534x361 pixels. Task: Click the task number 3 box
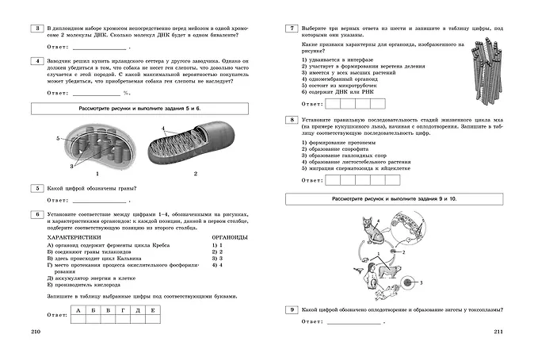(35, 29)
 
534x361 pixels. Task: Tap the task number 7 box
(292, 29)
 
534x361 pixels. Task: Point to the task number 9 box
(292, 309)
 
